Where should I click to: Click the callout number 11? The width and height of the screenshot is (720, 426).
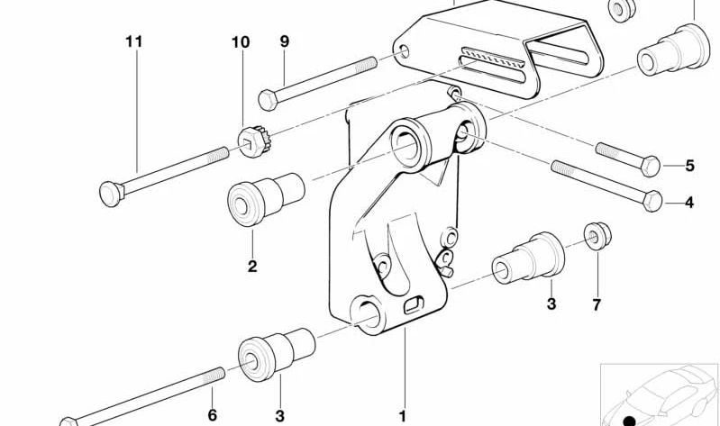pyautogui.click(x=134, y=41)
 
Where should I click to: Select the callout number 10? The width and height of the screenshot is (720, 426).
pyautogui.click(x=240, y=42)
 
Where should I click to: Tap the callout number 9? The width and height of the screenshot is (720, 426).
pyautogui.click(x=285, y=41)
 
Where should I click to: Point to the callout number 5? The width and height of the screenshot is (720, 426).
pyautogui.click(x=689, y=166)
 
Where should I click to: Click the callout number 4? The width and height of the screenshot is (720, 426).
pyautogui.click(x=689, y=203)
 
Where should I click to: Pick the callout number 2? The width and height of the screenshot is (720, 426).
pyautogui.click(x=252, y=267)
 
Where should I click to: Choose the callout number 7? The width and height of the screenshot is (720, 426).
pyautogui.click(x=596, y=305)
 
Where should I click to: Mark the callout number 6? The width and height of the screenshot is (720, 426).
pyautogui.click(x=213, y=415)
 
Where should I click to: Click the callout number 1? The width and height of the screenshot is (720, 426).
pyautogui.click(x=404, y=415)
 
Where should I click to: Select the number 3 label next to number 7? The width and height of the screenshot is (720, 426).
pyautogui.click(x=551, y=305)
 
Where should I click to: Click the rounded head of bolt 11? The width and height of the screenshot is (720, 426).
pyautogui.click(x=108, y=192)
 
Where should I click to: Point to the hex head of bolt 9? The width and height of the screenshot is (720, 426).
pyautogui.click(x=267, y=97)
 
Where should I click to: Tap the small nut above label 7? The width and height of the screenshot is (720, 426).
pyautogui.click(x=595, y=236)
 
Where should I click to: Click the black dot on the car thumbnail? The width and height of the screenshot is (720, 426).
pyautogui.click(x=629, y=420)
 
